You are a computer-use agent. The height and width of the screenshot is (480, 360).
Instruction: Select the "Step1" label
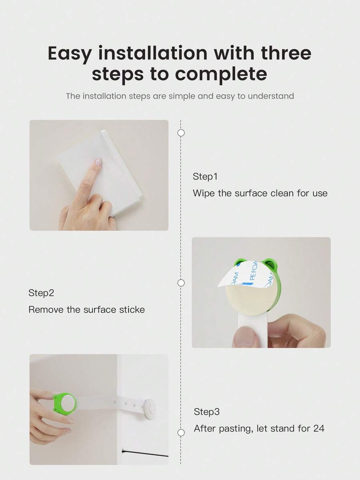[x=205, y=176]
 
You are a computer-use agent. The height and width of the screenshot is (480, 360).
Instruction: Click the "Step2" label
[x=41, y=293]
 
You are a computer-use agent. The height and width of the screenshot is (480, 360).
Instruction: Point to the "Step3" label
[x=207, y=412]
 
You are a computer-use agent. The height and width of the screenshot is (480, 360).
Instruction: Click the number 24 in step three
[x=319, y=428]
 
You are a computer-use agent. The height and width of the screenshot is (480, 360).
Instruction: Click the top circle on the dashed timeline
[x=181, y=133]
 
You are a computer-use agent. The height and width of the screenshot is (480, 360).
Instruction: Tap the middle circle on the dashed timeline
[x=181, y=283]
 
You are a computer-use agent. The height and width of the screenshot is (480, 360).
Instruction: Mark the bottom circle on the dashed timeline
[x=181, y=432]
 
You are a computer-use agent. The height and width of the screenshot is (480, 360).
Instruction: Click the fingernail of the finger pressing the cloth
[x=98, y=162]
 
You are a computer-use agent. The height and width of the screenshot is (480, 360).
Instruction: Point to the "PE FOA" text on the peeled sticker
[x=254, y=271]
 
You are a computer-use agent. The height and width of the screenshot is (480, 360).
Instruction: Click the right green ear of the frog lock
[x=269, y=263]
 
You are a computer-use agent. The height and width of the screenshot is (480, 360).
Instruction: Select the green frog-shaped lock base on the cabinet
[x=64, y=404]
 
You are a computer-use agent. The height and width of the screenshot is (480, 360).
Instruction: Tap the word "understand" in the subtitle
[x=271, y=96]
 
